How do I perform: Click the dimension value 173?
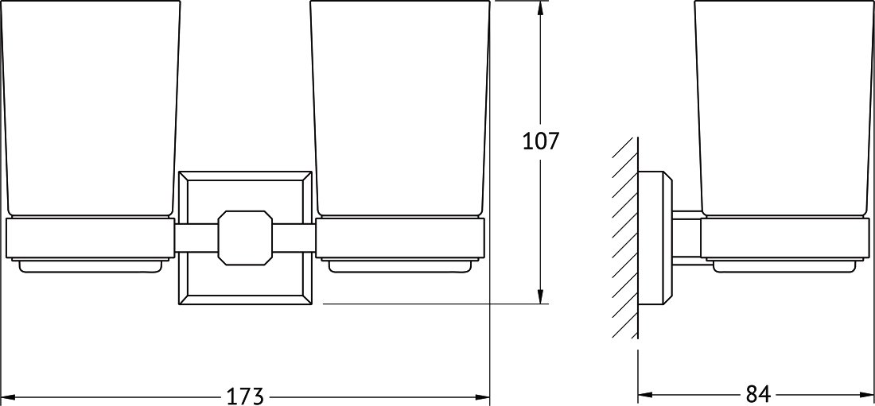[x=244, y=396]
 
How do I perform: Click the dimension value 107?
[x=540, y=141]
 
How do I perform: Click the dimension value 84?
[x=758, y=395]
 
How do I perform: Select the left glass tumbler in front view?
[x=89, y=108]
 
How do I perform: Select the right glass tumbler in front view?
[x=399, y=108]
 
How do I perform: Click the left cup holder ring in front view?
[x=89, y=238]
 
